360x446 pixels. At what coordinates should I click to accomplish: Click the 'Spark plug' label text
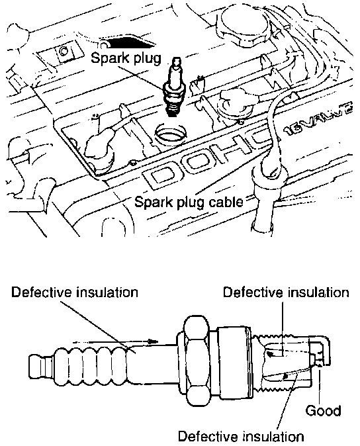[x=126, y=59]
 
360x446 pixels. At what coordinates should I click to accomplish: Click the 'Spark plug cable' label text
[x=189, y=202]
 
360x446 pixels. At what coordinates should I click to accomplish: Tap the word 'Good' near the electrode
[x=323, y=411]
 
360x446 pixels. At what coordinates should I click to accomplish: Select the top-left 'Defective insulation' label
[x=75, y=292]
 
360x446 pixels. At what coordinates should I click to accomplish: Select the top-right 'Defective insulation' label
[x=286, y=292]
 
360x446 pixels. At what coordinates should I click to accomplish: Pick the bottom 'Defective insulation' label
[x=241, y=436]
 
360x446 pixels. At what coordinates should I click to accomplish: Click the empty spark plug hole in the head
[x=171, y=133]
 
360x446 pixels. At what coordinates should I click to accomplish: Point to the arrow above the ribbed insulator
[x=115, y=341]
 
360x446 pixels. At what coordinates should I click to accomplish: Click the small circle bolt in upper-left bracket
[x=63, y=52]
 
